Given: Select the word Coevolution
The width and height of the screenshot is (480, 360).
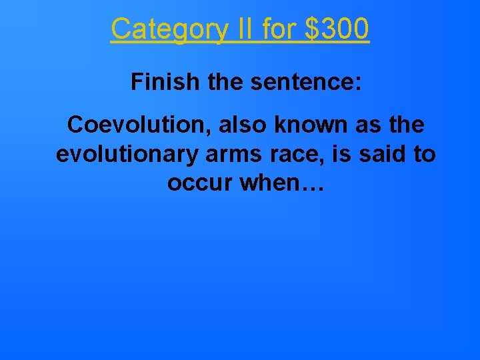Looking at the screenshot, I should point(125,125).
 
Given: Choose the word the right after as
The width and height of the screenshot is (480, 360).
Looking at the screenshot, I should point(407,125).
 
